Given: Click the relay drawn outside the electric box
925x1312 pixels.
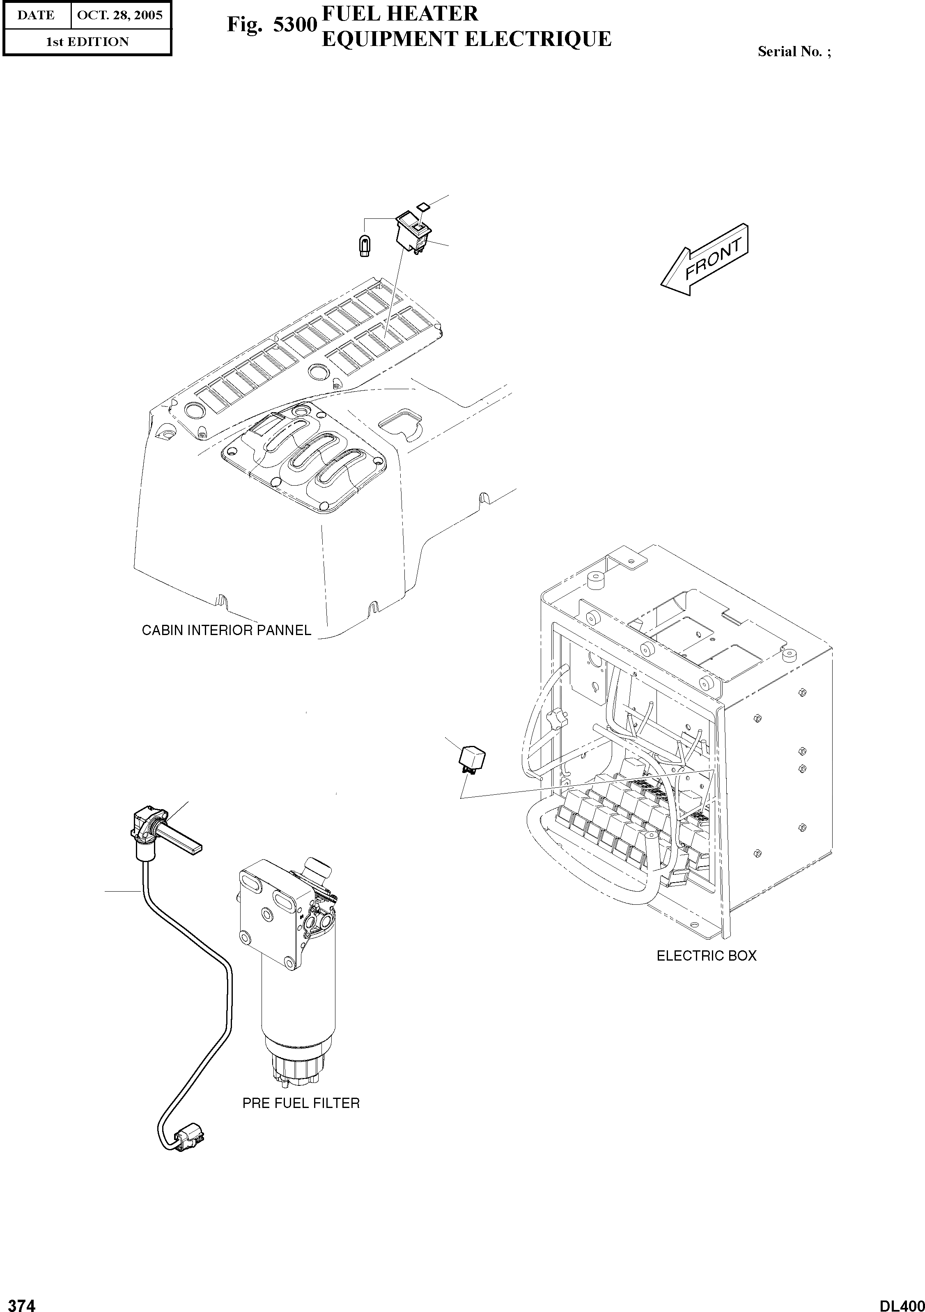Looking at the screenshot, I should (x=471, y=759).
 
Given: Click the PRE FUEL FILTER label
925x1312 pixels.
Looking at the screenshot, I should (x=301, y=1103).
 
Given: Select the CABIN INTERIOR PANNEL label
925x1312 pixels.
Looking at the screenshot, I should (x=226, y=630).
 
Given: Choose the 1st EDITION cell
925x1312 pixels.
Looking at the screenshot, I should (x=87, y=42).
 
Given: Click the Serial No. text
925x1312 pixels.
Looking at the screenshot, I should (x=794, y=51).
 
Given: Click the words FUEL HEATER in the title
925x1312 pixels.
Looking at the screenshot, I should (x=400, y=14).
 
